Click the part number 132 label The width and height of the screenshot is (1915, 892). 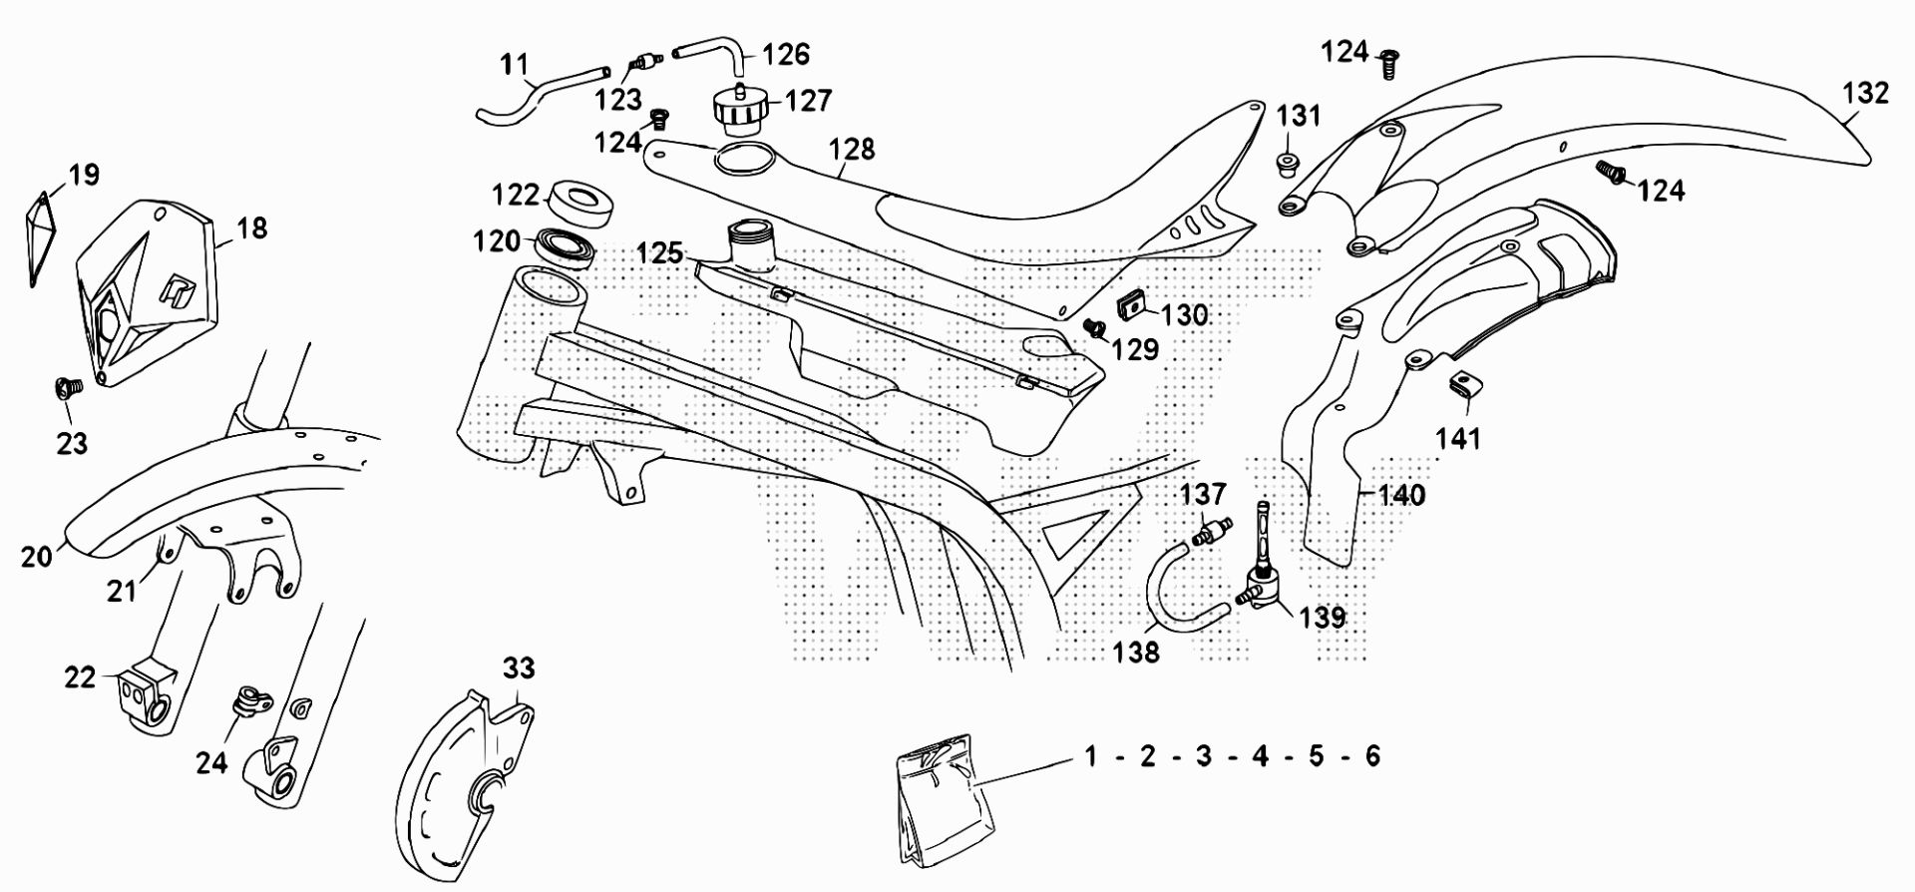1865,93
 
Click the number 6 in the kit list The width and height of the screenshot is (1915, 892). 1372,756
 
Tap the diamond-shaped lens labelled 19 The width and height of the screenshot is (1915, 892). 40,237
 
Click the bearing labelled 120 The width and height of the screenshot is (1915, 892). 566,245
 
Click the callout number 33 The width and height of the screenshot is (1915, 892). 519,667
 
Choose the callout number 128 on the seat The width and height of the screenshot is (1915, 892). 852,149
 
